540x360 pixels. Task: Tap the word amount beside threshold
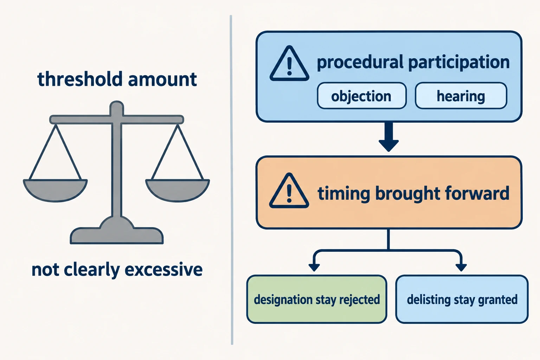[x=163, y=79]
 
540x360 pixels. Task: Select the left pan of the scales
[x=55, y=190]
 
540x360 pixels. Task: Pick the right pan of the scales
[x=178, y=190]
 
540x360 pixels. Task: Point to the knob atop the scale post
[x=117, y=107]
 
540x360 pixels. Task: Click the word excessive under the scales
[x=163, y=270]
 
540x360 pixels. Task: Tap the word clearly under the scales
[x=92, y=270]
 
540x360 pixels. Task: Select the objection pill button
[x=362, y=96]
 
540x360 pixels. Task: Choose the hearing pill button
[x=461, y=96]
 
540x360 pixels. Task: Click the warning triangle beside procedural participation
[x=289, y=63]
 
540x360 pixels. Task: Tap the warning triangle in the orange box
[x=289, y=191]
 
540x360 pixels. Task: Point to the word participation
[x=459, y=63]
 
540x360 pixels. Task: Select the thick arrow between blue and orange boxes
[x=388, y=137]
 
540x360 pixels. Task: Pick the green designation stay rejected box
[x=317, y=299]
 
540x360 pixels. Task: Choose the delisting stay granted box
[x=462, y=299]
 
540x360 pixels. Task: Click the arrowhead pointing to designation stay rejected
[x=314, y=267]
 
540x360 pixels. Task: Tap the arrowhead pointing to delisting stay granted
[x=461, y=267]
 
